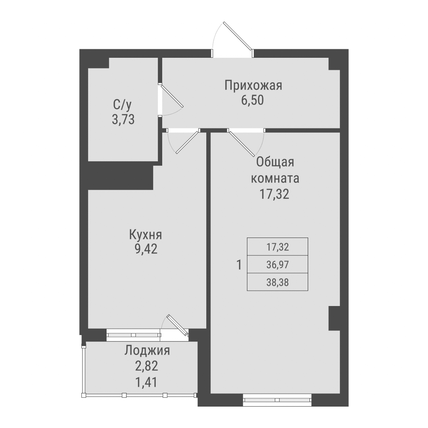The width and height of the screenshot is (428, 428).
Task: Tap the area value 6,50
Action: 253,101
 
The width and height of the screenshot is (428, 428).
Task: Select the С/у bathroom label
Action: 122,104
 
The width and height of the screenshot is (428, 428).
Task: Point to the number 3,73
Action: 123,119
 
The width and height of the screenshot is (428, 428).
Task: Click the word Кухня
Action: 146,235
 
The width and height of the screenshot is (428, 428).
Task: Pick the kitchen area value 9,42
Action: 146,249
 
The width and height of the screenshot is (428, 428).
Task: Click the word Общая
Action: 275,162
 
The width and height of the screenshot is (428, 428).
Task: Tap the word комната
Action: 275,178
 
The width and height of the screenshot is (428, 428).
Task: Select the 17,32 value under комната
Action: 275,194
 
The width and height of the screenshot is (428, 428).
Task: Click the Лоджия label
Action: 147,351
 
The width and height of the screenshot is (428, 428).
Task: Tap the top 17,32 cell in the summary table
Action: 277,247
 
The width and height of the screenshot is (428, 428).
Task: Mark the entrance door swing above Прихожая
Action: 233,36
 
